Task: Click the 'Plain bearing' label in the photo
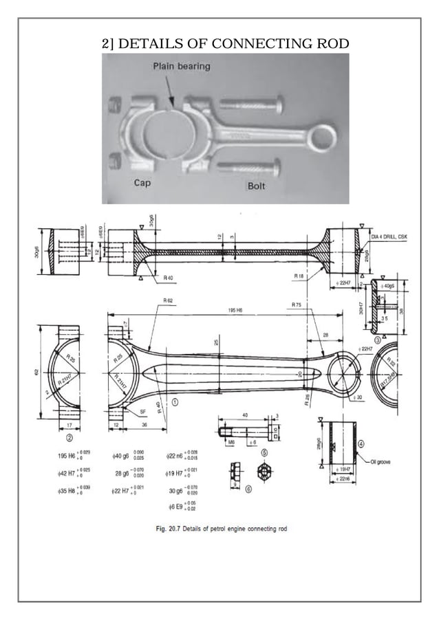[181, 67]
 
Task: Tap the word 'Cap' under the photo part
[141, 184]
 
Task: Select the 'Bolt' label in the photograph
[257, 186]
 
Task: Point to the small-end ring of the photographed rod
[321, 136]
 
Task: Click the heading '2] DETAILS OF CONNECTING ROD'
[225, 45]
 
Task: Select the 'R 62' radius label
[169, 301]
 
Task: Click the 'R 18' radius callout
[299, 276]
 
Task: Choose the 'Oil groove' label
[383, 461]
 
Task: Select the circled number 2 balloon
[69, 436]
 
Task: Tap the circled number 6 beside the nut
[248, 489]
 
